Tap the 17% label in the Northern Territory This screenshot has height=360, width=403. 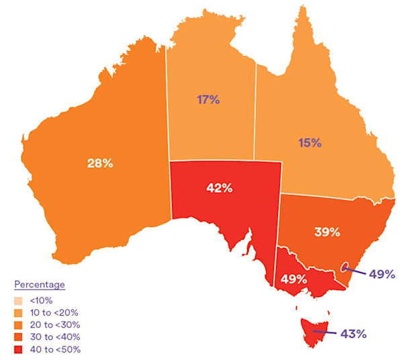pyautogui.click(x=208, y=100)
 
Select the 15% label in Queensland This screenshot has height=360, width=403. pyautogui.click(x=310, y=142)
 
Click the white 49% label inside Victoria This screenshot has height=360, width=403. pyautogui.click(x=294, y=279)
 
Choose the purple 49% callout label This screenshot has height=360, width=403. pyautogui.click(x=382, y=273)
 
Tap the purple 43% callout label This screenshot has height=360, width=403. pyautogui.click(x=352, y=334)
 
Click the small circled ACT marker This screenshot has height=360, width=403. pyautogui.click(x=345, y=267)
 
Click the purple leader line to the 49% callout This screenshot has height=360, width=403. pyautogui.click(x=356, y=271)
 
